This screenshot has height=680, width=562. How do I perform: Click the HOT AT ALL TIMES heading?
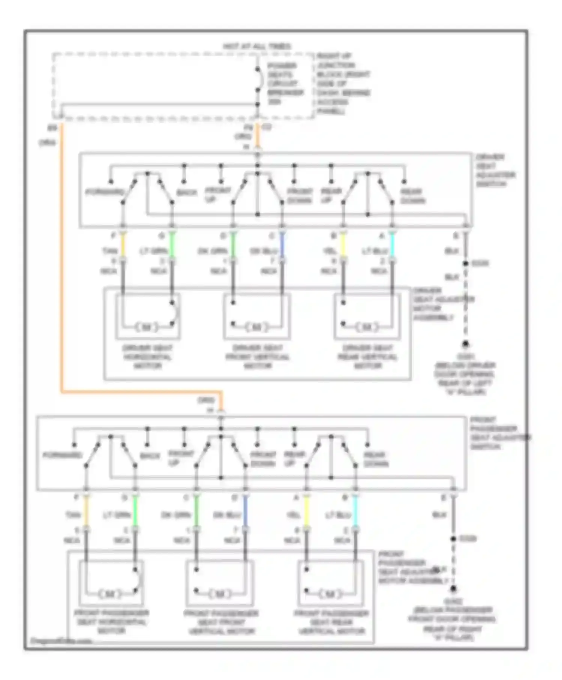pos(257,46)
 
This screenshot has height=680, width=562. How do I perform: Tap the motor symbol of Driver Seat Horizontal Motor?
pos(147,327)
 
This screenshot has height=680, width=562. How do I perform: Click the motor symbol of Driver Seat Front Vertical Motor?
pos(257,327)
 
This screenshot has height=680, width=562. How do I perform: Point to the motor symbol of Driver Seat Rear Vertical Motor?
pos(367,327)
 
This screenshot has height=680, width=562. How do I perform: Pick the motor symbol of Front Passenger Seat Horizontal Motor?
pos(111,594)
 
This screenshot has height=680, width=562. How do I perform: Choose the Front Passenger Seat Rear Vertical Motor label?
pos(331,622)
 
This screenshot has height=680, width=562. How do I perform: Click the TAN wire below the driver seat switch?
pos(123,247)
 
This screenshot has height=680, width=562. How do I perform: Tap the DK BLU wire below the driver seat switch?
pos(282,247)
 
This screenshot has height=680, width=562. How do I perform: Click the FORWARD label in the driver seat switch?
pos(105,192)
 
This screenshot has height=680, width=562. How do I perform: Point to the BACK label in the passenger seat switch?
pos(150,456)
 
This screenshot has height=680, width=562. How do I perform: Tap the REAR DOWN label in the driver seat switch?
pos(413,196)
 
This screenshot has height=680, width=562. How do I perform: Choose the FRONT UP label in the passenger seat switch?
pos(180,458)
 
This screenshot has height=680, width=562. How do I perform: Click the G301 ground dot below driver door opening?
pos(465,344)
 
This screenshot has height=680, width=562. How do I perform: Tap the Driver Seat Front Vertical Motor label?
pos(257,356)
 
